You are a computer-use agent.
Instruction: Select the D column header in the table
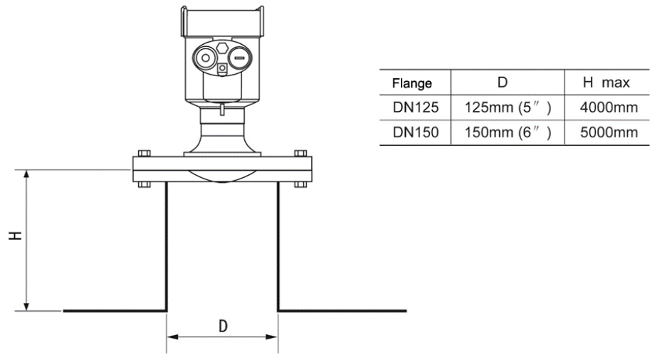(502, 83)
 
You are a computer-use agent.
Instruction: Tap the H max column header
(607, 83)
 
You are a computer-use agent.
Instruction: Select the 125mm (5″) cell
(502, 108)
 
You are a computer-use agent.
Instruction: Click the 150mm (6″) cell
(502, 133)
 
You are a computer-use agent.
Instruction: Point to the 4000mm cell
(607, 108)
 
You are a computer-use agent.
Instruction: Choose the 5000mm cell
(607, 133)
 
